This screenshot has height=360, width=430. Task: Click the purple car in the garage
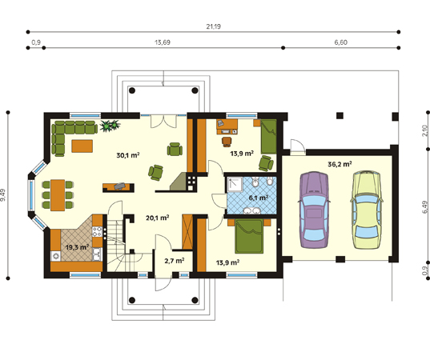click(314, 210)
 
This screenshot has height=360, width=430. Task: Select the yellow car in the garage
click(367, 210)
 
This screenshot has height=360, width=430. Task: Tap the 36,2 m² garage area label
click(340, 164)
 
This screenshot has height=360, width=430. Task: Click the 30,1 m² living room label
click(128, 155)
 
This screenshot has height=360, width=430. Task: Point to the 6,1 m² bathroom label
click(259, 198)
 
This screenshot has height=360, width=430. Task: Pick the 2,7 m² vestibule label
click(174, 261)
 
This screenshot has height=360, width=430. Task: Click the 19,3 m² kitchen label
click(77, 247)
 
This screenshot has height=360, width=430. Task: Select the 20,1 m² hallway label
click(157, 218)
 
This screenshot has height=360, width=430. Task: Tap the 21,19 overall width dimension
click(213, 26)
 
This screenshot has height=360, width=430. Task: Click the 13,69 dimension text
click(163, 42)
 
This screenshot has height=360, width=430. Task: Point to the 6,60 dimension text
click(340, 42)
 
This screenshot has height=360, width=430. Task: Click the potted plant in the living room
click(110, 126)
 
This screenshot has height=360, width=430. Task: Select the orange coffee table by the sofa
click(82, 146)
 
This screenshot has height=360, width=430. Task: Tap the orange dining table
click(58, 195)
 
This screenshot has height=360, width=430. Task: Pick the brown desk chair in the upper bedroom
click(227, 142)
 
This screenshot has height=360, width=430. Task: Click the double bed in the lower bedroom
click(249, 236)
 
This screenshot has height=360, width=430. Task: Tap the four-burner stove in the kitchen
click(98, 231)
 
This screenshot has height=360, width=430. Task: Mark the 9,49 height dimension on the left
click(3, 195)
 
